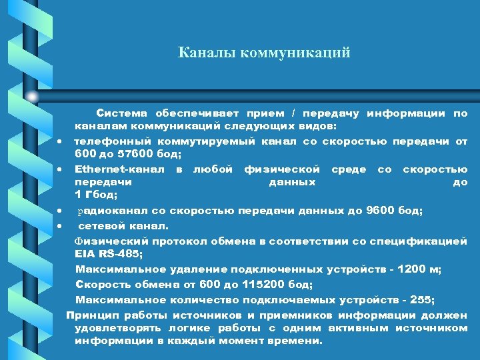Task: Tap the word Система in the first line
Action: pos(119,113)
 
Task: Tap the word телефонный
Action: pos(112,141)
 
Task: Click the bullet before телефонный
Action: pos(60,142)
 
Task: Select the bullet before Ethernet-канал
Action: pos(60,169)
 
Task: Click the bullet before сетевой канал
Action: pos(60,225)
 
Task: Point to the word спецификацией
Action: pos(428,241)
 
